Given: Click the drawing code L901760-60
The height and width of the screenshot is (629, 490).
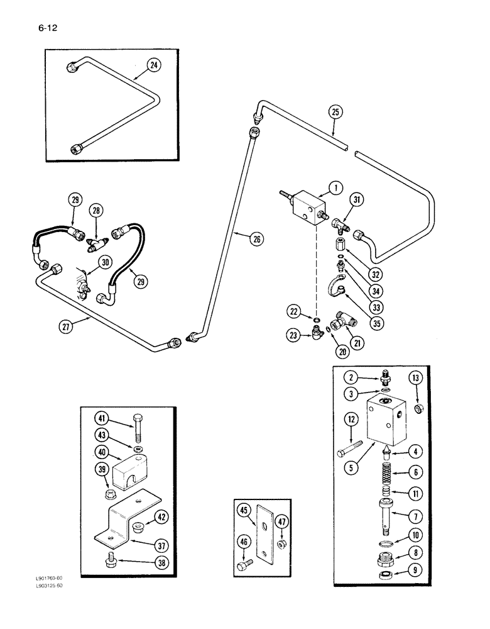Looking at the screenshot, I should [x=48, y=578].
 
